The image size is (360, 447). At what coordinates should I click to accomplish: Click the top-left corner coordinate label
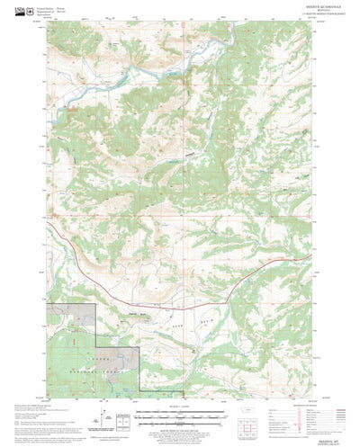coord(49,25)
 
